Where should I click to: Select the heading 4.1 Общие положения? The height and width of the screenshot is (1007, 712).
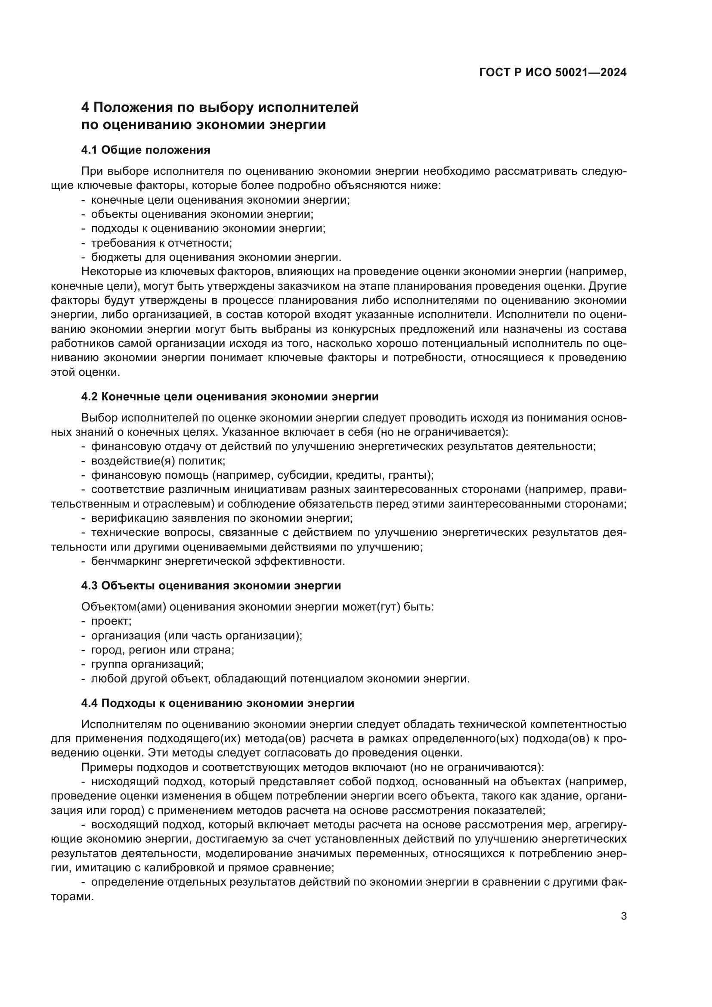pyautogui.click(x=145, y=150)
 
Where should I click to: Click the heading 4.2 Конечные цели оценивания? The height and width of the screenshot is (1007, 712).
pyautogui.click(x=230, y=397)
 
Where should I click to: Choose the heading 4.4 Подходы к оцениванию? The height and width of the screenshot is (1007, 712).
pyautogui.click(x=217, y=703)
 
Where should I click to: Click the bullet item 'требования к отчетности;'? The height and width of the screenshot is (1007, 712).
pyautogui.click(x=161, y=243)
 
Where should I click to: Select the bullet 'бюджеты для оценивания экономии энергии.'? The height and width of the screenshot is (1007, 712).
pyautogui.click(x=216, y=257)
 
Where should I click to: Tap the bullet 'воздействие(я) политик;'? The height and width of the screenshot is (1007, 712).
pyautogui.click(x=158, y=461)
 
